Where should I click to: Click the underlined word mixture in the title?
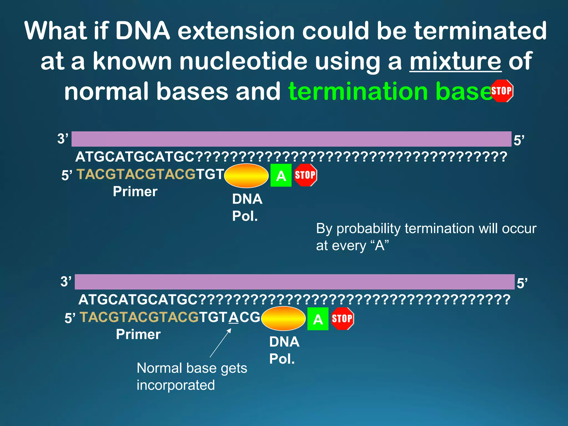[x=455, y=61]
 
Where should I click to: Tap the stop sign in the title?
[x=501, y=91]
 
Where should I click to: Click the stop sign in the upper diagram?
[x=305, y=175]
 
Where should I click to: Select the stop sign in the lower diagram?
[x=342, y=318]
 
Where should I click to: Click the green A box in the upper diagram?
[x=281, y=175]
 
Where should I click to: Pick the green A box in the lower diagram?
[x=318, y=319]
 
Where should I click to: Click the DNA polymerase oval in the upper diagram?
[x=246, y=176]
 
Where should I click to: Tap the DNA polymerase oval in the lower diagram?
[x=283, y=318]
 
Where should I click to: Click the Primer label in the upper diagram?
[x=135, y=192]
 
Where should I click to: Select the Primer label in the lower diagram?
[x=138, y=334]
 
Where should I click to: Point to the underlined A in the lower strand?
[x=234, y=317]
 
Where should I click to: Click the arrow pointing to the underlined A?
[x=220, y=343]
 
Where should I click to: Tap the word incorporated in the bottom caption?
[x=176, y=385]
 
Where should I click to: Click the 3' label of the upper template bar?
[x=63, y=139]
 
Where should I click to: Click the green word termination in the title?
[x=358, y=92]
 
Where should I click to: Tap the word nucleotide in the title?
[x=243, y=61]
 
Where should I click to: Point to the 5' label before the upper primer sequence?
[x=67, y=176]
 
